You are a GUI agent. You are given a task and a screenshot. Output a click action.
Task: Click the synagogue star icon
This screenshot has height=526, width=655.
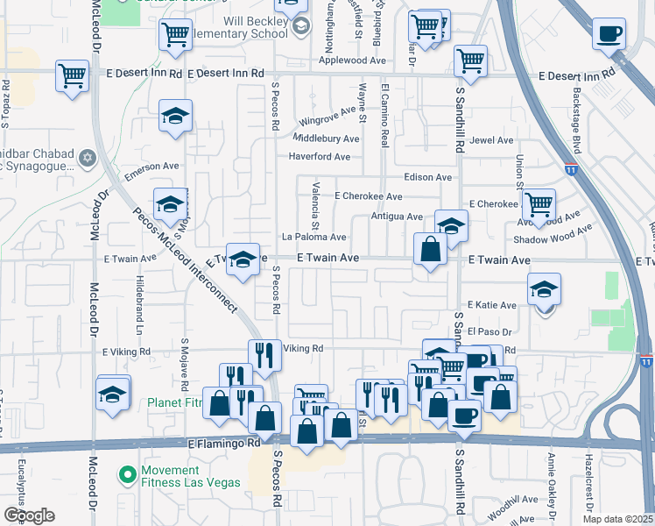point(86,158)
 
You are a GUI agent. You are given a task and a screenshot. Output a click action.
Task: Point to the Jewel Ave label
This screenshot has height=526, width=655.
point(491,140)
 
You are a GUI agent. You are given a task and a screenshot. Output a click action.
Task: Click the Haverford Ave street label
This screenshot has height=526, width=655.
point(320,158)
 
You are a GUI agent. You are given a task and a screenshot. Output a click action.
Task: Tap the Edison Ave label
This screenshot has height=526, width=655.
point(428,177)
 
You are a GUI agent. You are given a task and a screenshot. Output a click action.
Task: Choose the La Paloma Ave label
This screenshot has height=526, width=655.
point(313,237)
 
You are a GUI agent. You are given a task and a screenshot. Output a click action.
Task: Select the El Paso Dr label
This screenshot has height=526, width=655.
point(489,331)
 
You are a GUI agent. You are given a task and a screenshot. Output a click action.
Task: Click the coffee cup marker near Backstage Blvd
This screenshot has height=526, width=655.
point(609,35)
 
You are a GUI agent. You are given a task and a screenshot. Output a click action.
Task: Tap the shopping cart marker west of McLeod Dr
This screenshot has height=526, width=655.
point(72,75)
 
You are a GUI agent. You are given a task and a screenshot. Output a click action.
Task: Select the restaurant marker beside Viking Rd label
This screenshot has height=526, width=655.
point(264,355)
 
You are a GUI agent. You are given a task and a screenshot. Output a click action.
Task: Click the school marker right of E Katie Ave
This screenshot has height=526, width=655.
point(544,290)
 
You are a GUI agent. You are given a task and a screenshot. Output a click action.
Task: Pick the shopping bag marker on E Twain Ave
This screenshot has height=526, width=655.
point(431,249)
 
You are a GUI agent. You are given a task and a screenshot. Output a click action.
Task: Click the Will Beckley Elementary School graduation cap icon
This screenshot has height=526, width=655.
point(300,26)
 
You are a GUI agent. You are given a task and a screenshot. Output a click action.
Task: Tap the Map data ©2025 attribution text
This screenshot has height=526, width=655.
point(618,519)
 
